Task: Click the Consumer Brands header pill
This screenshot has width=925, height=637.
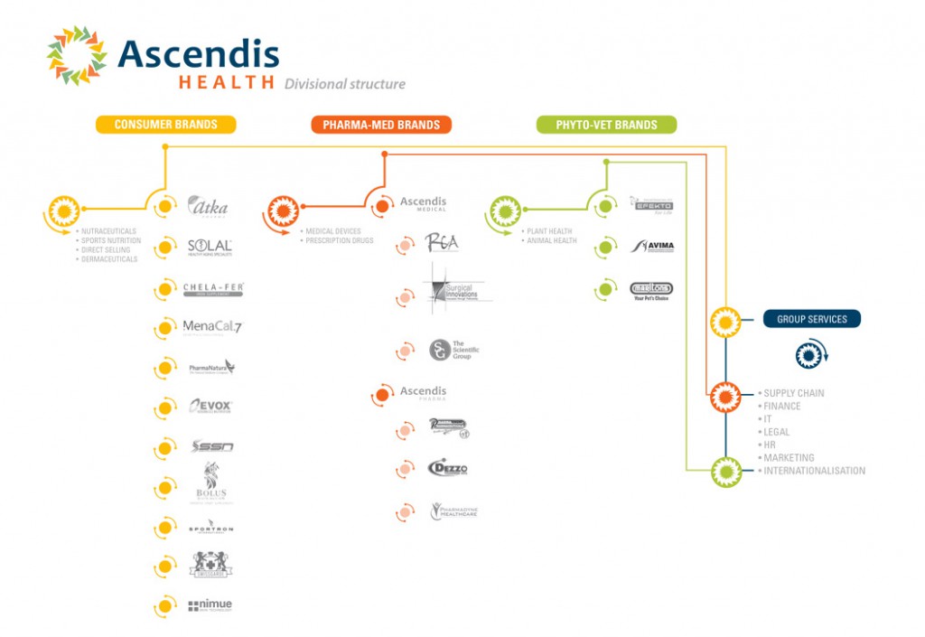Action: [x=165, y=125]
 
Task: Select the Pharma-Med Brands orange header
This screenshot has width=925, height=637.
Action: [x=381, y=125]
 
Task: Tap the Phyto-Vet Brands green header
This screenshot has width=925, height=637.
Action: [x=606, y=125]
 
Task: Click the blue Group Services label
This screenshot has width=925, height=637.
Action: [x=811, y=319]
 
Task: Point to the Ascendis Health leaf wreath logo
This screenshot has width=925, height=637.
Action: [x=77, y=54]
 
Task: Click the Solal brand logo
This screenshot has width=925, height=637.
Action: [x=210, y=247]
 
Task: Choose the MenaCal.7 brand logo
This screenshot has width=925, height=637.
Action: [x=211, y=327]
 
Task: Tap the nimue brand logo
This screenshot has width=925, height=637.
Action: [x=210, y=605]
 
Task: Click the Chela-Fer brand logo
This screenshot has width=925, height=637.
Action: [x=212, y=289]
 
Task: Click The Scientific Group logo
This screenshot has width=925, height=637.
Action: [x=449, y=350]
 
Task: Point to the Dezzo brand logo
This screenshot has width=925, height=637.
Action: [x=447, y=468]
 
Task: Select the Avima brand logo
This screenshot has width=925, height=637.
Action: [x=652, y=246]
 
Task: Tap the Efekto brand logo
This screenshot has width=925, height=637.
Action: [x=651, y=206]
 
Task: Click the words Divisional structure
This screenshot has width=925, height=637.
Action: [x=344, y=84]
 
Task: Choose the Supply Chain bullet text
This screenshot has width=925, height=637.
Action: [x=794, y=393]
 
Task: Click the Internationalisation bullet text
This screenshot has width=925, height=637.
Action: [x=814, y=471]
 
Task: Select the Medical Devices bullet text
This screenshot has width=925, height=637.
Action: [x=333, y=231]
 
